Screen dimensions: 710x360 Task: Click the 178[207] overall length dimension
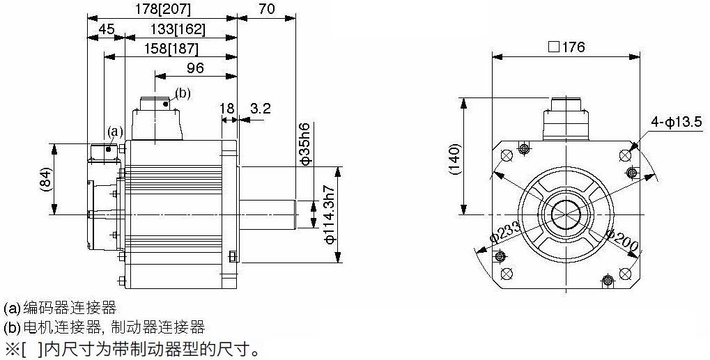coord(163,9)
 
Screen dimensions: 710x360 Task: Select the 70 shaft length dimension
coord(267,9)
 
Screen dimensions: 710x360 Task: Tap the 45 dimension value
coord(106,30)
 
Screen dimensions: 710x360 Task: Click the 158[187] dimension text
coord(171,49)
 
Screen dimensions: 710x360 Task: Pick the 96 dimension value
coord(196,68)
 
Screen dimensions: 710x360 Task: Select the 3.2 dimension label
coord(261,109)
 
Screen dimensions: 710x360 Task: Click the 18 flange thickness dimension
coord(227,109)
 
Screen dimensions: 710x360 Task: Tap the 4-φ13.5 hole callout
coord(677,122)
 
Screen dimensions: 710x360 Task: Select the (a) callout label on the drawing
coord(115,132)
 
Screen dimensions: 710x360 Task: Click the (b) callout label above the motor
coord(183,93)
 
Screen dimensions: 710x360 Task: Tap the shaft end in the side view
coord(295,214)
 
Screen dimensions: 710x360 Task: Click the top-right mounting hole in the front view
coord(625,155)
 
